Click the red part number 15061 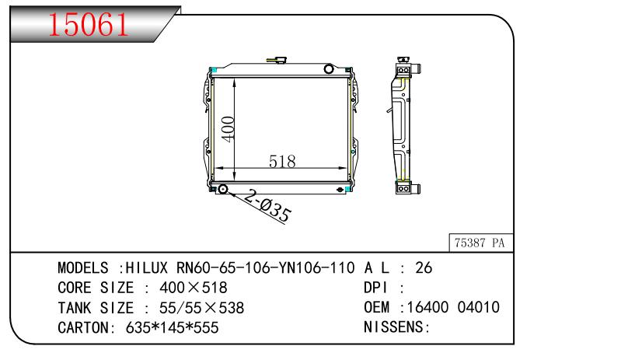[x=88, y=24]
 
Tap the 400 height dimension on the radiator [x=228, y=129]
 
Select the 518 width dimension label [x=282, y=162]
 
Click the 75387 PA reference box [x=480, y=243]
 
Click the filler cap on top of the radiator [x=277, y=60]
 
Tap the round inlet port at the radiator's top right [x=329, y=69]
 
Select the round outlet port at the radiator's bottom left [x=223, y=189]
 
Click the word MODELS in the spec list [x=83, y=267]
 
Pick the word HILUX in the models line [x=147, y=267]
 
